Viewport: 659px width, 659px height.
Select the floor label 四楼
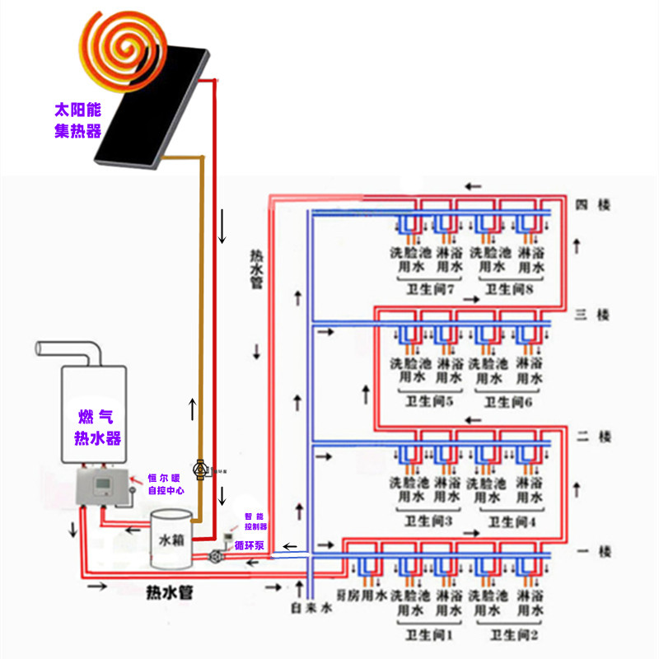(594, 204)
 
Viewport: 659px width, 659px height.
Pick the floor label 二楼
(594, 437)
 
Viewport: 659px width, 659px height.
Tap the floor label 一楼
(594, 551)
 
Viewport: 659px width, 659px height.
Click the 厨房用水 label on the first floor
(363, 595)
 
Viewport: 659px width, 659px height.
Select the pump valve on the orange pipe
(200, 469)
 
